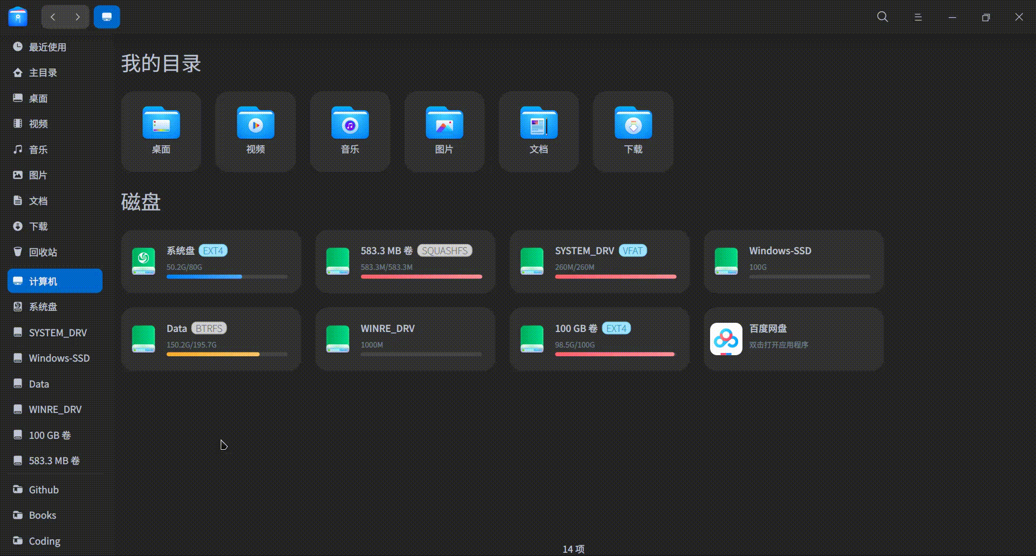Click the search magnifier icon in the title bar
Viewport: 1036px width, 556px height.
[x=883, y=17]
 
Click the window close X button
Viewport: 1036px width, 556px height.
[x=1019, y=17]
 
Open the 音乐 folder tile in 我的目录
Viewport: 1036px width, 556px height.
[x=350, y=131]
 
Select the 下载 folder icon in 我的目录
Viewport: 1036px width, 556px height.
[x=633, y=124]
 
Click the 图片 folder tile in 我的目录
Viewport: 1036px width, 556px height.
[x=444, y=131]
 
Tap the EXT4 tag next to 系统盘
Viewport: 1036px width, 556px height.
[x=213, y=250]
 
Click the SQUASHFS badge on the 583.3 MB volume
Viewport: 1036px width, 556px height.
[x=445, y=250]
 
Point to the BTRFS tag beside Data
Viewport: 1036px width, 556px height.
[x=209, y=328]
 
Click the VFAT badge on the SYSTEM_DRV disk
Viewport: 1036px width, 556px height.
[x=632, y=250]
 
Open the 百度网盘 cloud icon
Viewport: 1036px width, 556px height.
[x=726, y=339]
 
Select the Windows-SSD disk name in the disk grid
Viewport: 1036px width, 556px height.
[x=780, y=250]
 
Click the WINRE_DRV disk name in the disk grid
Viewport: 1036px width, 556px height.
[x=387, y=328]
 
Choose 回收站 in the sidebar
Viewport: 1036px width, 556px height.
[x=43, y=252]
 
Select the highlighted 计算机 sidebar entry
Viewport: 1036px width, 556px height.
[x=55, y=281]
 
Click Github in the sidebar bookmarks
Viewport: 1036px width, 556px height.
[x=43, y=490]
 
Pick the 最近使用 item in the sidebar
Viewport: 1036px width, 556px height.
[x=47, y=47]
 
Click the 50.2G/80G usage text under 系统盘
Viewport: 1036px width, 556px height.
[x=184, y=267]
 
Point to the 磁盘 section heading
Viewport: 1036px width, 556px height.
[x=141, y=202]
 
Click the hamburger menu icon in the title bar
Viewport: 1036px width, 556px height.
[x=918, y=17]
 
